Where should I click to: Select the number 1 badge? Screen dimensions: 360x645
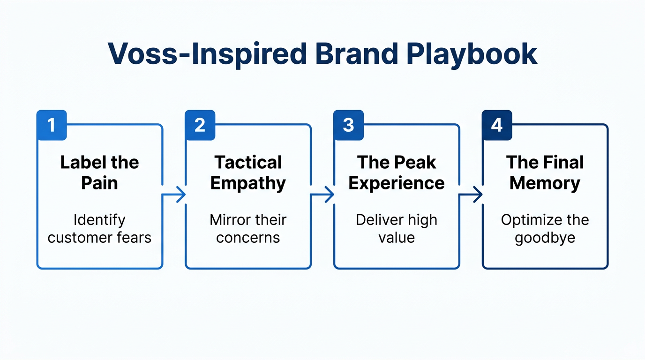point(52,125)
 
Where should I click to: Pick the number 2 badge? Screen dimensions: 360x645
point(200,125)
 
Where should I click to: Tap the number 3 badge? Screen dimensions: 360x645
point(348,125)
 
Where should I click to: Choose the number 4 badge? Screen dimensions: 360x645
point(497,125)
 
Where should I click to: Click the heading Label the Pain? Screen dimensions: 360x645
point(99,172)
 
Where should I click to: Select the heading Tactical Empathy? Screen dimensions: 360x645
point(248,172)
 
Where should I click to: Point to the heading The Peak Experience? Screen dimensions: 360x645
point(397,172)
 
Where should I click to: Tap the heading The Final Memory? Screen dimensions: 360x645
point(545,172)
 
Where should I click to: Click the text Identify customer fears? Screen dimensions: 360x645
point(99,228)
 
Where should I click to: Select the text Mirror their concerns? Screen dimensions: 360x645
point(248,228)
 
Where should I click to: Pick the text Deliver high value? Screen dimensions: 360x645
point(397,228)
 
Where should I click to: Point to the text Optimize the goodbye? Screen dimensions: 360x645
point(545,228)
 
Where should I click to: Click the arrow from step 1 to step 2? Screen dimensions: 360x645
point(174,195)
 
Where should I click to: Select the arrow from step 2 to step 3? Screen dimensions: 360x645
point(322,195)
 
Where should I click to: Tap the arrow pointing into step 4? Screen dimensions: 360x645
point(471,195)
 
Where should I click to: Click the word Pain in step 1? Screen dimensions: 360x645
point(99,183)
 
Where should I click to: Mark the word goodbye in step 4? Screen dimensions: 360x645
point(545,238)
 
